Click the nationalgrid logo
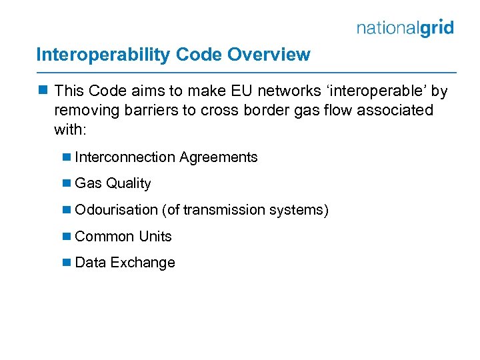tap(405, 28)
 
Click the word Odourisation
tap(117, 210)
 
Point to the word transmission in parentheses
tap(224, 210)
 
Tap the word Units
tap(155, 237)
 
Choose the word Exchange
tap(143, 263)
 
